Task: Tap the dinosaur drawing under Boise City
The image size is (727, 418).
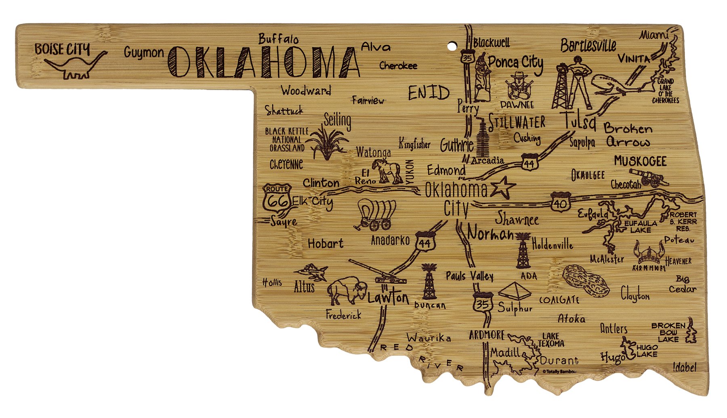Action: click(75, 66)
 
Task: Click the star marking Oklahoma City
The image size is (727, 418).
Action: click(502, 187)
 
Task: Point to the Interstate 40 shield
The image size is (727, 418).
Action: click(561, 202)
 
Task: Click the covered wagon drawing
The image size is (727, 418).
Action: click(375, 214)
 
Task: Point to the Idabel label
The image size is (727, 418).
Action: click(685, 367)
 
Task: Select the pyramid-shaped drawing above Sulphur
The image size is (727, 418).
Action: click(514, 290)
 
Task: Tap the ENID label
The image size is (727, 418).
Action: click(428, 93)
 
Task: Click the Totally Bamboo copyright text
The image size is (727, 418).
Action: click(559, 371)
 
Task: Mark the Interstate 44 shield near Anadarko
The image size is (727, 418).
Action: click(424, 242)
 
